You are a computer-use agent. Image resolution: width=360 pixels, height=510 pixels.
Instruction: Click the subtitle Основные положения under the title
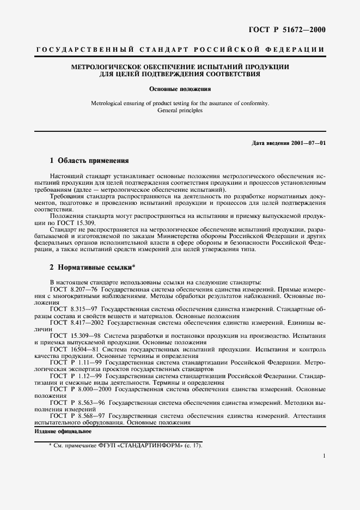coord(180,88)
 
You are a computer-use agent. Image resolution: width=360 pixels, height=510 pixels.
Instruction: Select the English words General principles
coord(180,110)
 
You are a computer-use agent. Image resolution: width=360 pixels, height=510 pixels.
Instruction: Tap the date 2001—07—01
coord(306,143)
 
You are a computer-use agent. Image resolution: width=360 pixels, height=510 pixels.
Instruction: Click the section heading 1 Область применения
coord(89,161)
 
